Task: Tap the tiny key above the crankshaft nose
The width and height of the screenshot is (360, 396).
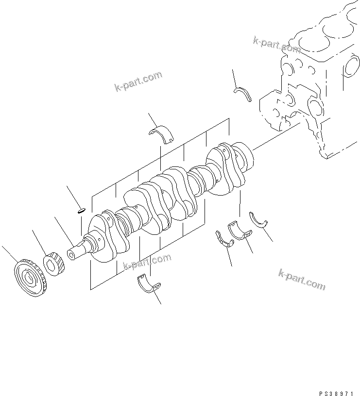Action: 81,210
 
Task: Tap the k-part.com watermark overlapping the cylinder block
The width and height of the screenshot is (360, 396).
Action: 276,45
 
